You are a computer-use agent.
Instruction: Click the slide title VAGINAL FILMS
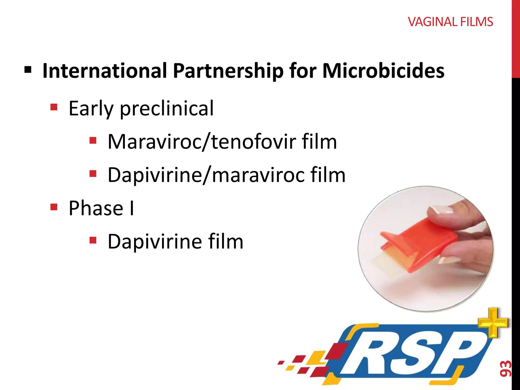(x=450, y=22)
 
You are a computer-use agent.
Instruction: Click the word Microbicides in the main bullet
(x=383, y=71)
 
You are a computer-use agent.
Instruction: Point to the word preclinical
(x=167, y=109)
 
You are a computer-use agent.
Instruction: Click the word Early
(x=91, y=109)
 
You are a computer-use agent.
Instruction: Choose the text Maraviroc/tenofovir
(x=202, y=142)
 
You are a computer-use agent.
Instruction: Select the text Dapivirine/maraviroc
(x=206, y=175)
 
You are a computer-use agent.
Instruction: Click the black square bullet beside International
(x=28, y=69)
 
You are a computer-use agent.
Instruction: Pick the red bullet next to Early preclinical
(x=54, y=107)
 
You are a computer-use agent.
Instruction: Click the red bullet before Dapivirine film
(x=93, y=240)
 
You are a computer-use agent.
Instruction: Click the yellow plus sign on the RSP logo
(x=493, y=322)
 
